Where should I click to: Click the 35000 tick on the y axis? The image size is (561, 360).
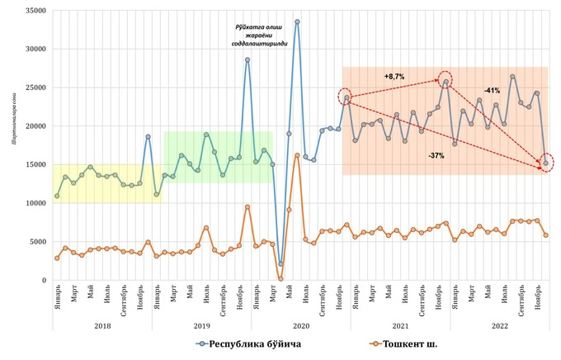click(x=32, y=10)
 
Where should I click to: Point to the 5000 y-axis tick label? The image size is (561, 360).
click(x=35, y=242)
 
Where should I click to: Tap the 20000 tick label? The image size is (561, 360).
click(x=32, y=126)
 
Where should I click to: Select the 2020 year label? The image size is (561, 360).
click(x=300, y=324)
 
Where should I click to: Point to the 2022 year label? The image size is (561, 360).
click(x=500, y=324)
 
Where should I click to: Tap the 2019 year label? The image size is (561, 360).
click(x=201, y=324)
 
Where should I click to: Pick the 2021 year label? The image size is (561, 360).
click(x=400, y=324)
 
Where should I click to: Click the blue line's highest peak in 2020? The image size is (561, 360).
click(x=297, y=21)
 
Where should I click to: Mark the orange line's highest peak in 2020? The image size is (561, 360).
click(x=297, y=155)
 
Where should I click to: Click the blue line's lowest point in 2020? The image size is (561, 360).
click(x=280, y=264)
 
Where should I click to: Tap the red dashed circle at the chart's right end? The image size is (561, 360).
click(x=546, y=163)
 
